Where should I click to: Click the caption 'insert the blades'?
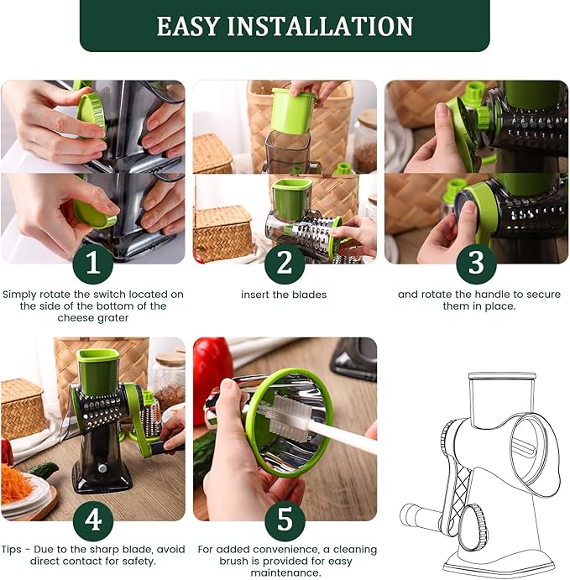click(x=284, y=295)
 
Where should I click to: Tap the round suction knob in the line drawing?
click(x=472, y=521)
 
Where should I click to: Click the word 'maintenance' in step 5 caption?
click(x=284, y=572)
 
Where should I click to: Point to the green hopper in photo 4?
click(x=97, y=368)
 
